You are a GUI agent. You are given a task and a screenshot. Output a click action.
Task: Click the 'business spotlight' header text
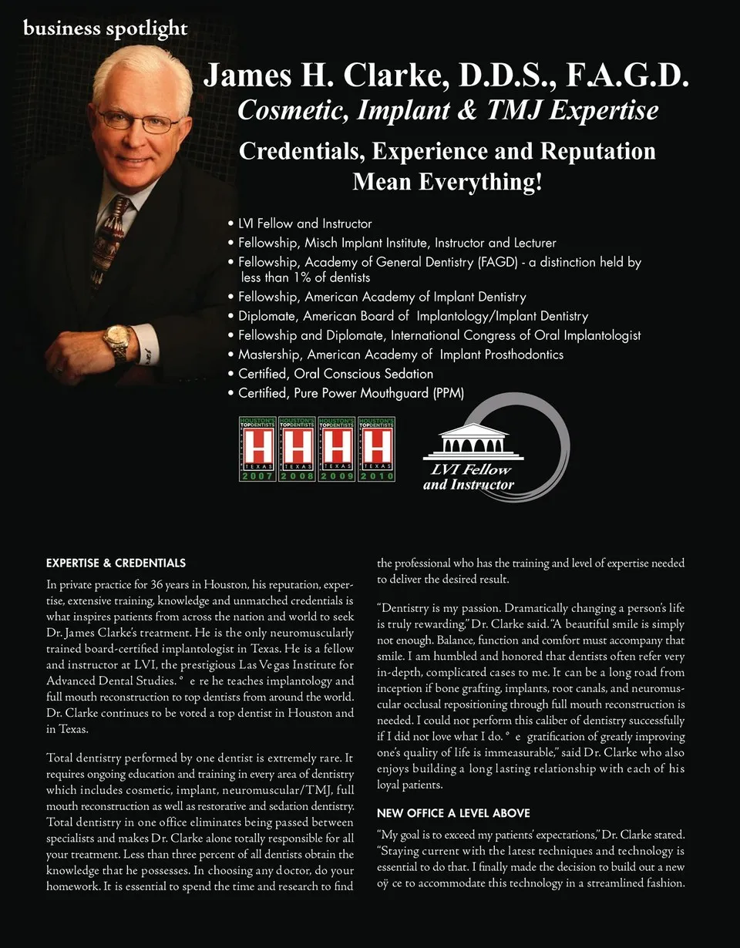click(105, 29)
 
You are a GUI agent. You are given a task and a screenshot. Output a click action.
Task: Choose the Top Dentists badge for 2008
click(297, 449)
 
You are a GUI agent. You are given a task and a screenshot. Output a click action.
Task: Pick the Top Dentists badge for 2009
click(336, 449)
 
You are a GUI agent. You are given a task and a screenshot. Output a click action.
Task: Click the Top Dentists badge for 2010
click(375, 449)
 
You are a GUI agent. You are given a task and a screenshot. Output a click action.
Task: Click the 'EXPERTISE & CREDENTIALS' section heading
click(116, 563)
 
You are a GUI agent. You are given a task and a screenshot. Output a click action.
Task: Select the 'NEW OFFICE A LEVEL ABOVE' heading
click(452, 813)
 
